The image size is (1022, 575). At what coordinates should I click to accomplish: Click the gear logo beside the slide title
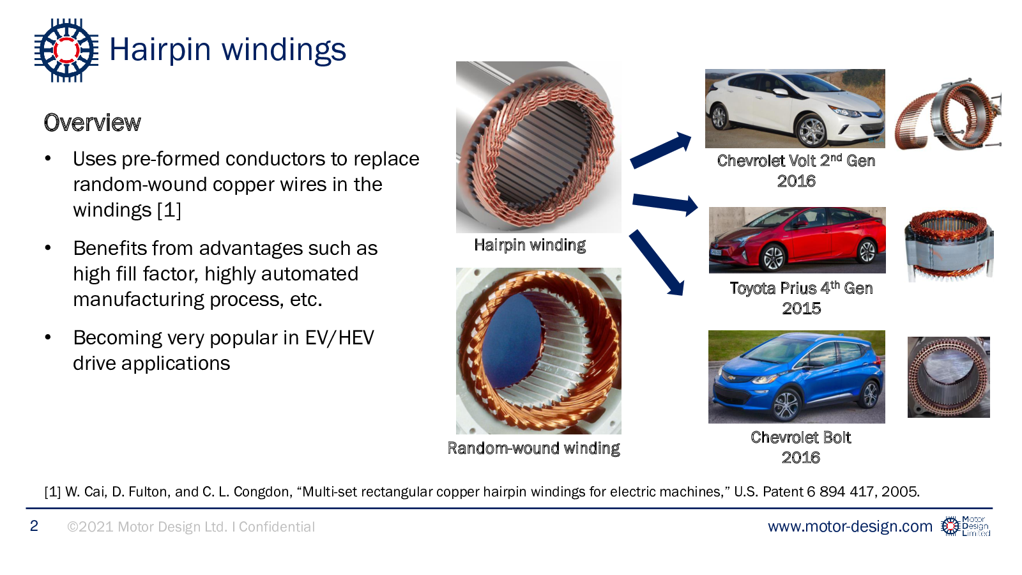pyautogui.click(x=66, y=50)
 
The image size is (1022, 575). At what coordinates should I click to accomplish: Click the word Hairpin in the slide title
pyautogui.click(x=160, y=50)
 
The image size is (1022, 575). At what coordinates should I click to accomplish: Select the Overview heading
pyautogui.click(x=93, y=123)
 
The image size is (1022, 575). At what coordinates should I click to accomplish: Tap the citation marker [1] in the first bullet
pyautogui.click(x=169, y=210)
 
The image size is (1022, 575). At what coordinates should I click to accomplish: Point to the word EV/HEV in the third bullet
pyautogui.click(x=339, y=337)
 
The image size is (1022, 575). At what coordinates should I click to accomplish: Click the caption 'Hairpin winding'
pyautogui.click(x=530, y=245)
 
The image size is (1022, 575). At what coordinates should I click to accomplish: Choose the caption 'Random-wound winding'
pyautogui.click(x=533, y=448)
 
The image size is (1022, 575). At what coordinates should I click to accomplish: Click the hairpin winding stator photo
pyautogui.click(x=538, y=147)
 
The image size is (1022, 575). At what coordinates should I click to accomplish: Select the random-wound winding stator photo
pyautogui.click(x=538, y=351)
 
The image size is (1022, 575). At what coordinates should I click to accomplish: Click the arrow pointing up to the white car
pyautogui.click(x=661, y=151)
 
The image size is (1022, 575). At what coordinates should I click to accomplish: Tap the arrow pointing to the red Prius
pyautogui.click(x=664, y=204)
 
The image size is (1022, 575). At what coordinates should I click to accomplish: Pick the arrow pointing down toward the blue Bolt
pyautogui.click(x=657, y=263)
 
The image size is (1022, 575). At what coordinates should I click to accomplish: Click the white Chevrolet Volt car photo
pyautogui.click(x=795, y=108)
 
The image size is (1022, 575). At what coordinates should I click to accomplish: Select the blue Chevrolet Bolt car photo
pyautogui.click(x=797, y=376)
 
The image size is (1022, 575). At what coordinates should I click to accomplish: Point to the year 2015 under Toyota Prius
pyautogui.click(x=801, y=309)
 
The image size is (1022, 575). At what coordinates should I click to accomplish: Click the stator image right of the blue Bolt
pyautogui.click(x=949, y=377)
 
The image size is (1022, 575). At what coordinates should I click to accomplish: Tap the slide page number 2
pyautogui.click(x=34, y=526)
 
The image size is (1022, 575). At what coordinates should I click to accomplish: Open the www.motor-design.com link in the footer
pyautogui.click(x=850, y=526)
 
